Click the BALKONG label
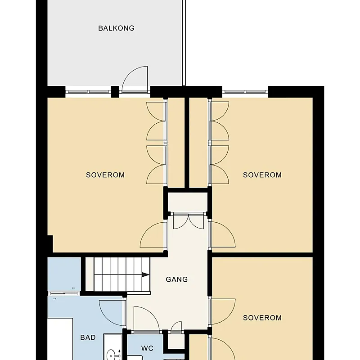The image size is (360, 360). (x=116, y=28)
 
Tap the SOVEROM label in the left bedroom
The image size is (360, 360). (x=105, y=175)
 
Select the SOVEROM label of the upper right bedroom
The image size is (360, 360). (x=262, y=175)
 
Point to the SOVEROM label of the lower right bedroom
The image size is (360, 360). (x=262, y=318)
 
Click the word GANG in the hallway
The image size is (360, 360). (x=177, y=279)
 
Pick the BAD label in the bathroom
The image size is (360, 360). (x=88, y=337)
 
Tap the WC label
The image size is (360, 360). (x=147, y=348)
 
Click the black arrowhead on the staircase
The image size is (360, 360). (x=145, y=275)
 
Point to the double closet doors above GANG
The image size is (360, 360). (x=188, y=221)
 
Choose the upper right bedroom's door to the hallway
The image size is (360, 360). (x=223, y=234)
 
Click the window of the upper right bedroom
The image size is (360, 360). (x=245, y=92)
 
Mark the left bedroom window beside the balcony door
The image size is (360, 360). (x=88, y=92)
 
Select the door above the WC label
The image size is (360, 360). (x=146, y=319)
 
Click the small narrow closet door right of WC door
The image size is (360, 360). (x=176, y=327)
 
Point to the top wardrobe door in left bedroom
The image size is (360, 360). (x=156, y=111)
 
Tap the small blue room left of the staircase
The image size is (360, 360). (x=64, y=274)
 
